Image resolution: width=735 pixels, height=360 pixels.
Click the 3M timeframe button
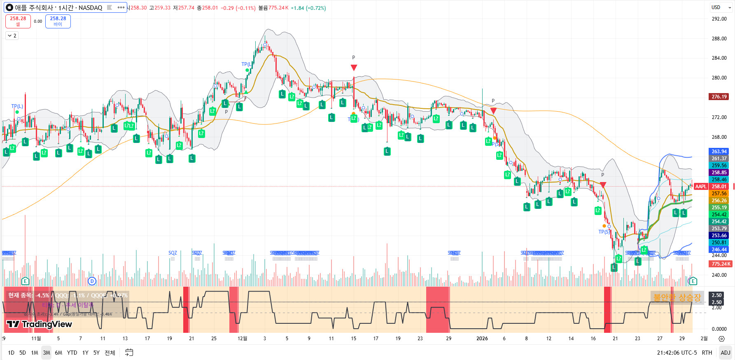pos(47,353)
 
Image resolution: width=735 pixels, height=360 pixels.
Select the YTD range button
pos(72,353)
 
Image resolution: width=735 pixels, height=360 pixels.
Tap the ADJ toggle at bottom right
pos(726,353)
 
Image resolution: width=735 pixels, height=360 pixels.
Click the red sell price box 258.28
pos(18,21)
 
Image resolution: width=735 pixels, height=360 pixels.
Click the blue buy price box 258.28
pos(58,21)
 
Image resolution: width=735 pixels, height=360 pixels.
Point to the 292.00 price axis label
pos(719,19)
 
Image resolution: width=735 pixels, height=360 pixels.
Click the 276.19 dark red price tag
pos(719,97)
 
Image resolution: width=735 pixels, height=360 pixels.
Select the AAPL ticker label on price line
pos(701,187)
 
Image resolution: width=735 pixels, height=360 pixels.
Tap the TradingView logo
pos(40,324)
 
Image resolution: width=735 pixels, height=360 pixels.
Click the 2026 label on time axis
pos(482,339)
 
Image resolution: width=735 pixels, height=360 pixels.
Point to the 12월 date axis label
pos(243,339)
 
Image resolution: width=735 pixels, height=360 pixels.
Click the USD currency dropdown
pos(721,7)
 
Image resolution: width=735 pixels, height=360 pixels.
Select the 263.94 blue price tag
pos(719,152)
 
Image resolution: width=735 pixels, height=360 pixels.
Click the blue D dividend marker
pos(92,281)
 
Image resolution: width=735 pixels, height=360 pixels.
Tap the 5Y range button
pos(96,353)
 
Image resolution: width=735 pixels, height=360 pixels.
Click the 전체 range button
pos(110,353)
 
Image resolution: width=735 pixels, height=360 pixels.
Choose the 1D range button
pos(11,353)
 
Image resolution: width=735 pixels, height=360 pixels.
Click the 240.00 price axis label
pos(719,275)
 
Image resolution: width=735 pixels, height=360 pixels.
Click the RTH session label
pos(707,353)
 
